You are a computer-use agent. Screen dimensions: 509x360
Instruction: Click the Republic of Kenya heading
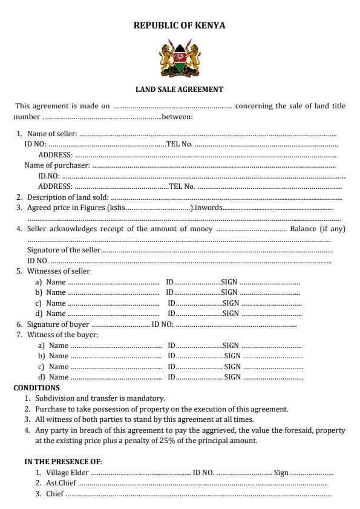[179, 25]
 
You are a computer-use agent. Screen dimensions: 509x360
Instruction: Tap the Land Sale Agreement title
[179, 90]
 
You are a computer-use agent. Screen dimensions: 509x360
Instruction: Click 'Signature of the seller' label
[64, 250]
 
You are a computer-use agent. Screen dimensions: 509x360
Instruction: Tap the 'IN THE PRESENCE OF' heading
[62, 462]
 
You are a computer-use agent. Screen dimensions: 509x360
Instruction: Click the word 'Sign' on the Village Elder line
[281, 473]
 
